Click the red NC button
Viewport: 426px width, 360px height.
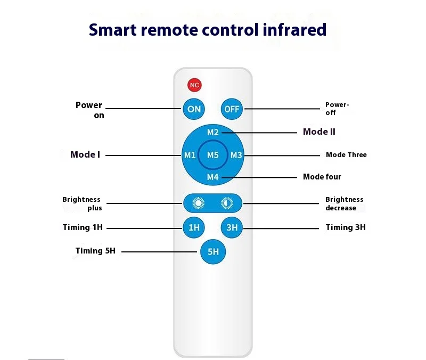(194, 85)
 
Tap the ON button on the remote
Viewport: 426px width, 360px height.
(194, 109)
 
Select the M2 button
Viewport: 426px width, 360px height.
(213, 132)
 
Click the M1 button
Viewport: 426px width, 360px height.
(190, 155)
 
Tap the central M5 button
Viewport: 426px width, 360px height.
(213, 155)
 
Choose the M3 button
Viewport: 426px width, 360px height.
(236, 155)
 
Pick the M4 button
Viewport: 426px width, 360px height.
(213, 177)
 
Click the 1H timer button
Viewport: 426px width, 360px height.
(194, 227)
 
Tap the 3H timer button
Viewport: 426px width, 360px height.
(232, 227)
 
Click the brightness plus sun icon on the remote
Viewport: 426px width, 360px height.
(199, 203)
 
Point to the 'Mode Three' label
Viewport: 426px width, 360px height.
(346, 155)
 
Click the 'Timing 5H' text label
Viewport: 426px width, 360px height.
(95, 251)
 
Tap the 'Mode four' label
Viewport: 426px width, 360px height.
(322, 177)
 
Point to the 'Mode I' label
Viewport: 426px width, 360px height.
(85, 155)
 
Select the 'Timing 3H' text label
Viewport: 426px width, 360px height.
(346, 227)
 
